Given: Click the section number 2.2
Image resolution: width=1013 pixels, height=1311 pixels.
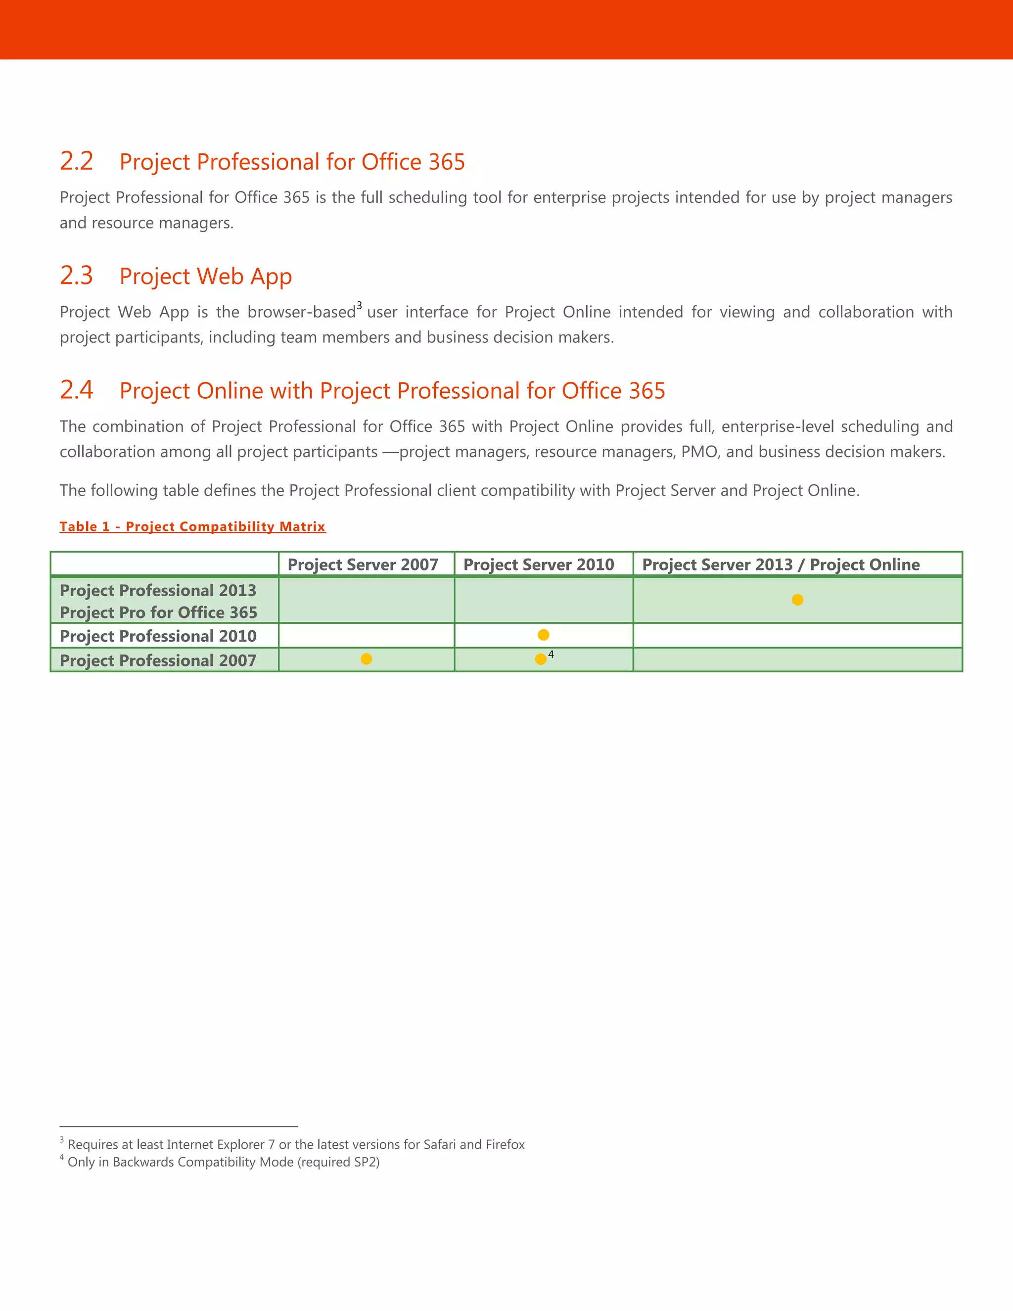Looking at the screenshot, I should tap(76, 161).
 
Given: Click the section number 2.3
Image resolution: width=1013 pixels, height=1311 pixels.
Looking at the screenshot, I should tap(76, 276).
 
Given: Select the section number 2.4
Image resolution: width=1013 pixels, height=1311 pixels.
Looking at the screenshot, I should tap(76, 390).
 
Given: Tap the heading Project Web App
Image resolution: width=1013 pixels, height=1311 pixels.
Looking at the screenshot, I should tap(205, 276).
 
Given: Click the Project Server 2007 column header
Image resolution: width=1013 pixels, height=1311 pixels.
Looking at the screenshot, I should tap(363, 564).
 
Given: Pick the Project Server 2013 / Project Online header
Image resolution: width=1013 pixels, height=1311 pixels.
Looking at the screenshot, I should tap(780, 564).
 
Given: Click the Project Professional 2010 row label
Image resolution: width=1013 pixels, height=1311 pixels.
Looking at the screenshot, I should tap(158, 636).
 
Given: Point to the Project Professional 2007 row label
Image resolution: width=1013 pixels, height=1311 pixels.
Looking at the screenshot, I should tap(158, 660).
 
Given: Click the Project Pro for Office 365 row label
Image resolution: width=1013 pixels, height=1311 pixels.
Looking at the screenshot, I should tap(158, 612).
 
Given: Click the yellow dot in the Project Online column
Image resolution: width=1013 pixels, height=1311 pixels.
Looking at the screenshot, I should tap(797, 600).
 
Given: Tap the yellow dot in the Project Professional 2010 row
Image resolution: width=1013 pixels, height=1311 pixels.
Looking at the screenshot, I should tap(543, 635).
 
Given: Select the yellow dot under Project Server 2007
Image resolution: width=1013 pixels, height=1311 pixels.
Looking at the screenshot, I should tap(366, 659).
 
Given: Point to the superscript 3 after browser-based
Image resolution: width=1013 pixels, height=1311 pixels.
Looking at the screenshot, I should tap(359, 306).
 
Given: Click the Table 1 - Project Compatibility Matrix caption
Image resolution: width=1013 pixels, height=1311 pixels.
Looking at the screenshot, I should tap(192, 526).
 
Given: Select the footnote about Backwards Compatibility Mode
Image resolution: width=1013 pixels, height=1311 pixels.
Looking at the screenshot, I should tap(223, 1162).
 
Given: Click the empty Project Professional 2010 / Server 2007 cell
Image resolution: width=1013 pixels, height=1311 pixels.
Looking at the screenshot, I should tap(366, 636).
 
